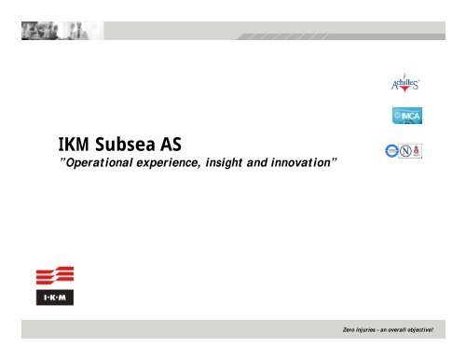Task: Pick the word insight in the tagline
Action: (246, 161)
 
